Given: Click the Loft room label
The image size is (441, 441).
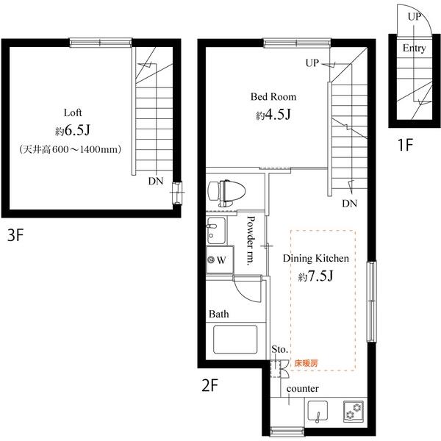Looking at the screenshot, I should [x=71, y=113].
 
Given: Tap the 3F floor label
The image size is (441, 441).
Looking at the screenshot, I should [x=16, y=237].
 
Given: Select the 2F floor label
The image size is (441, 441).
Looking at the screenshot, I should [x=212, y=384].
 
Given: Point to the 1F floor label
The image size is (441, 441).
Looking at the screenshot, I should [x=406, y=145].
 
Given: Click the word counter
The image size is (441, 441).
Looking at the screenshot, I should [x=302, y=388].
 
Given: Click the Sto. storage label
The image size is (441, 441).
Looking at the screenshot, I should [x=280, y=349].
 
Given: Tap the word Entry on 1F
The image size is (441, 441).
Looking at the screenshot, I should [x=414, y=49].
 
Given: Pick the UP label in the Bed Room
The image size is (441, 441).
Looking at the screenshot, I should [x=312, y=63].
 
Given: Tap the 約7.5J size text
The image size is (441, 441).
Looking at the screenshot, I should [x=316, y=277].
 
